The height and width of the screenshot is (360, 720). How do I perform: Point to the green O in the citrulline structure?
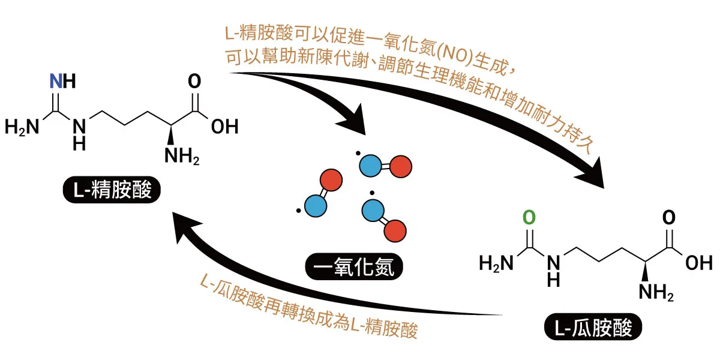point(528,217)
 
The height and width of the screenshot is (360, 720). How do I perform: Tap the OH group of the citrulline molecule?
point(698,263)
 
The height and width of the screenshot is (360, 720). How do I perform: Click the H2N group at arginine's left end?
point(22,127)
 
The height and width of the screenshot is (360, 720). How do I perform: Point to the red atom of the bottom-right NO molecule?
point(395,229)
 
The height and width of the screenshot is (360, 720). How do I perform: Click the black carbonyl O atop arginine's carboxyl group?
point(194,82)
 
